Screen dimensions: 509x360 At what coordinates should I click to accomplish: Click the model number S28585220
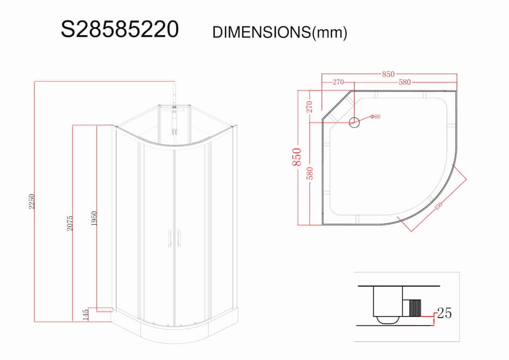pos(119,29)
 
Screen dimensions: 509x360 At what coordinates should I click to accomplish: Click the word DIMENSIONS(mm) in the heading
pos(280,32)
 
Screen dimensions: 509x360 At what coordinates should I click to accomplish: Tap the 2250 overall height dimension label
pos(31,201)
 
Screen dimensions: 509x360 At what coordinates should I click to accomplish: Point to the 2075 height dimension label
pos(70,223)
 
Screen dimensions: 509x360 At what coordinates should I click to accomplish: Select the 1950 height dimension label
pos(94,218)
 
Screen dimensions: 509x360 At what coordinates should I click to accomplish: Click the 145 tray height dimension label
pos(85,315)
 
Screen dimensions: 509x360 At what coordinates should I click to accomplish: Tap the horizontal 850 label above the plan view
pos(388,74)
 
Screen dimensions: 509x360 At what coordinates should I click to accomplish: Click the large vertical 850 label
pos(297,157)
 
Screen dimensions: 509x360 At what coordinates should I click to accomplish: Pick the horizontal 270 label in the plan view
pos(338,82)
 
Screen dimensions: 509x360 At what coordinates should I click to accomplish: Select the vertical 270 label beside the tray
pos(309,107)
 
